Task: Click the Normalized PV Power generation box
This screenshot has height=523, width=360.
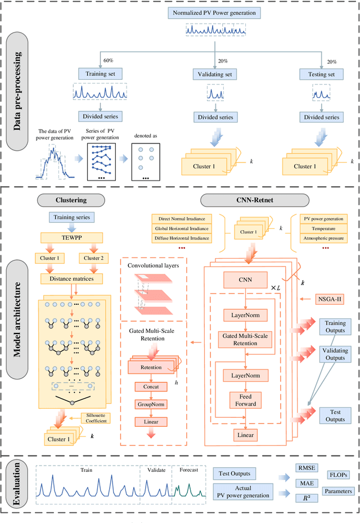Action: coord(214,12)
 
